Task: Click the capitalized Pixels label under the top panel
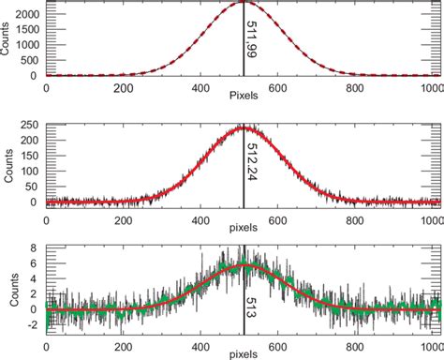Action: click(x=244, y=96)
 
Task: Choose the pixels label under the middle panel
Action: click(x=244, y=225)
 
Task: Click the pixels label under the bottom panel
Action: click(x=244, y=354)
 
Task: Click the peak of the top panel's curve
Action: click(x=243, y=3)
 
